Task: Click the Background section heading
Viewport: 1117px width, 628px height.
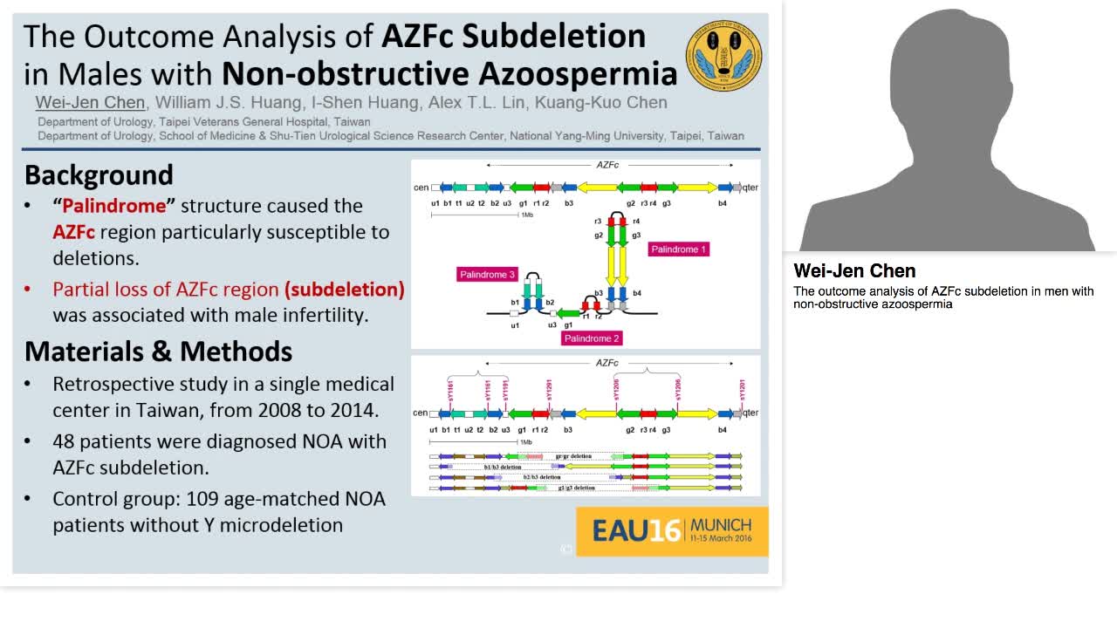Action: [99, 175]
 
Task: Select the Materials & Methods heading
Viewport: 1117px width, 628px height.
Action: [158, 352]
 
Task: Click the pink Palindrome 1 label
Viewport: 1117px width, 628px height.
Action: [679, 249]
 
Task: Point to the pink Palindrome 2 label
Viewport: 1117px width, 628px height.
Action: [593, 338]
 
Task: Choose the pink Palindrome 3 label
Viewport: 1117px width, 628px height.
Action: [487, 275]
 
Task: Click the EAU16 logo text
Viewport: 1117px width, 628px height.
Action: [636, 531]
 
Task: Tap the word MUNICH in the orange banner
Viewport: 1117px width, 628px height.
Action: [721, 525]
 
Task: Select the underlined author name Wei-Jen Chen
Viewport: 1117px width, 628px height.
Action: [90, 103]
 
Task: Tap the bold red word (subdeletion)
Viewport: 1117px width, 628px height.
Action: [345, 289]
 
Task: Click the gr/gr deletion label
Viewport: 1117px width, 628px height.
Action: [573, 456]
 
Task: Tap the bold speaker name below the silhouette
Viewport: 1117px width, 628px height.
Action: [854, 271]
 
